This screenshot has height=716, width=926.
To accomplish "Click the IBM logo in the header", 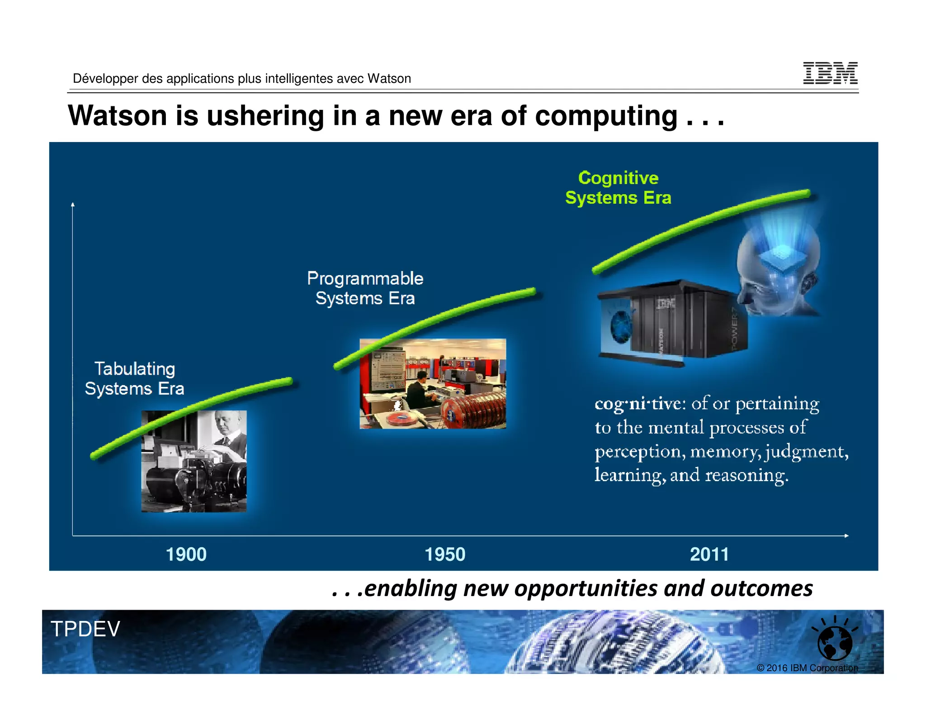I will click(830, 73).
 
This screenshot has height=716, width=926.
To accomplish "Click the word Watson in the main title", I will click(117, 116).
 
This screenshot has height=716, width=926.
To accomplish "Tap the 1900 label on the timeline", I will click(186, 554).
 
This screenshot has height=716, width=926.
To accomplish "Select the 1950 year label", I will click(445, 554).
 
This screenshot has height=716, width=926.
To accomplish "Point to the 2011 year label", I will click(709, 554).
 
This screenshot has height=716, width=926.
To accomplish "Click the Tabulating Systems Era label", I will click(134, 379).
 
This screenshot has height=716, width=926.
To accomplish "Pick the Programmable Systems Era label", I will click(365, 288).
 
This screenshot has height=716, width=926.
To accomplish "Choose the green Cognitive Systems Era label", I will click(618, 188).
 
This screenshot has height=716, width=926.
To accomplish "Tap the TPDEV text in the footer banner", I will click(85, 629).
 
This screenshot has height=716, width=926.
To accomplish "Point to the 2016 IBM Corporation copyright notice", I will click(807, 668).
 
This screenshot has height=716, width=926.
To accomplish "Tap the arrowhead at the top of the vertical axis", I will click(73, 205).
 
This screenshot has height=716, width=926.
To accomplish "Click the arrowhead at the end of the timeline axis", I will click(846, 536).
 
